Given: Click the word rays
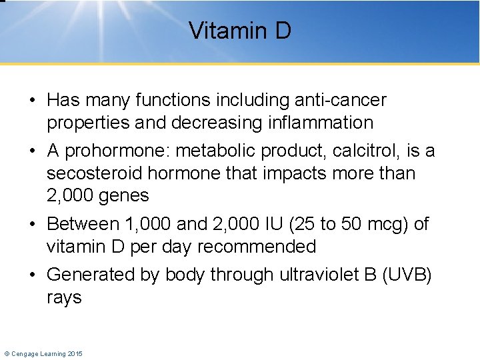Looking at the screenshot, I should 64,298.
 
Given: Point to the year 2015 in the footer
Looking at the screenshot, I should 74,353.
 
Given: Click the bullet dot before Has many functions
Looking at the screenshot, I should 32,101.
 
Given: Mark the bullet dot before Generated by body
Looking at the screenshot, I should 32,275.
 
